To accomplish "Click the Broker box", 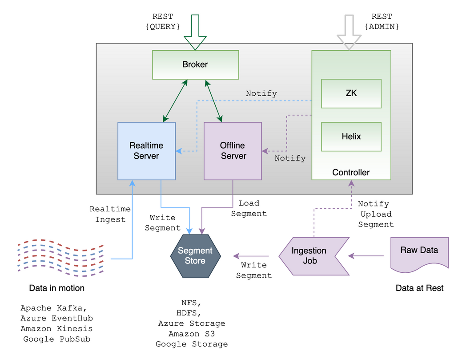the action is click(195, 65).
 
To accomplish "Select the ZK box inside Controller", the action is click(351, 93).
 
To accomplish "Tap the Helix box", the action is click(351, 137).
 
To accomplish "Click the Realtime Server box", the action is click(146, 151).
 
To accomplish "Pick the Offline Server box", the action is click(233, 151).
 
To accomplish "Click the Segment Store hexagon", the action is click(195, 256).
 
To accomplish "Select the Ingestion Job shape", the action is click(311, 256).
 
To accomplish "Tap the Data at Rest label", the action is click(419, 288).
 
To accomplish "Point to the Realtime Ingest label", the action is click(110, 214).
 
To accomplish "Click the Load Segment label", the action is click(249, 208).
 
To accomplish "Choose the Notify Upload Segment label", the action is click(375, 214).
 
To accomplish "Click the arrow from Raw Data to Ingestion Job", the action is click(366, 256).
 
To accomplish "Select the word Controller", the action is click(351, 173).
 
